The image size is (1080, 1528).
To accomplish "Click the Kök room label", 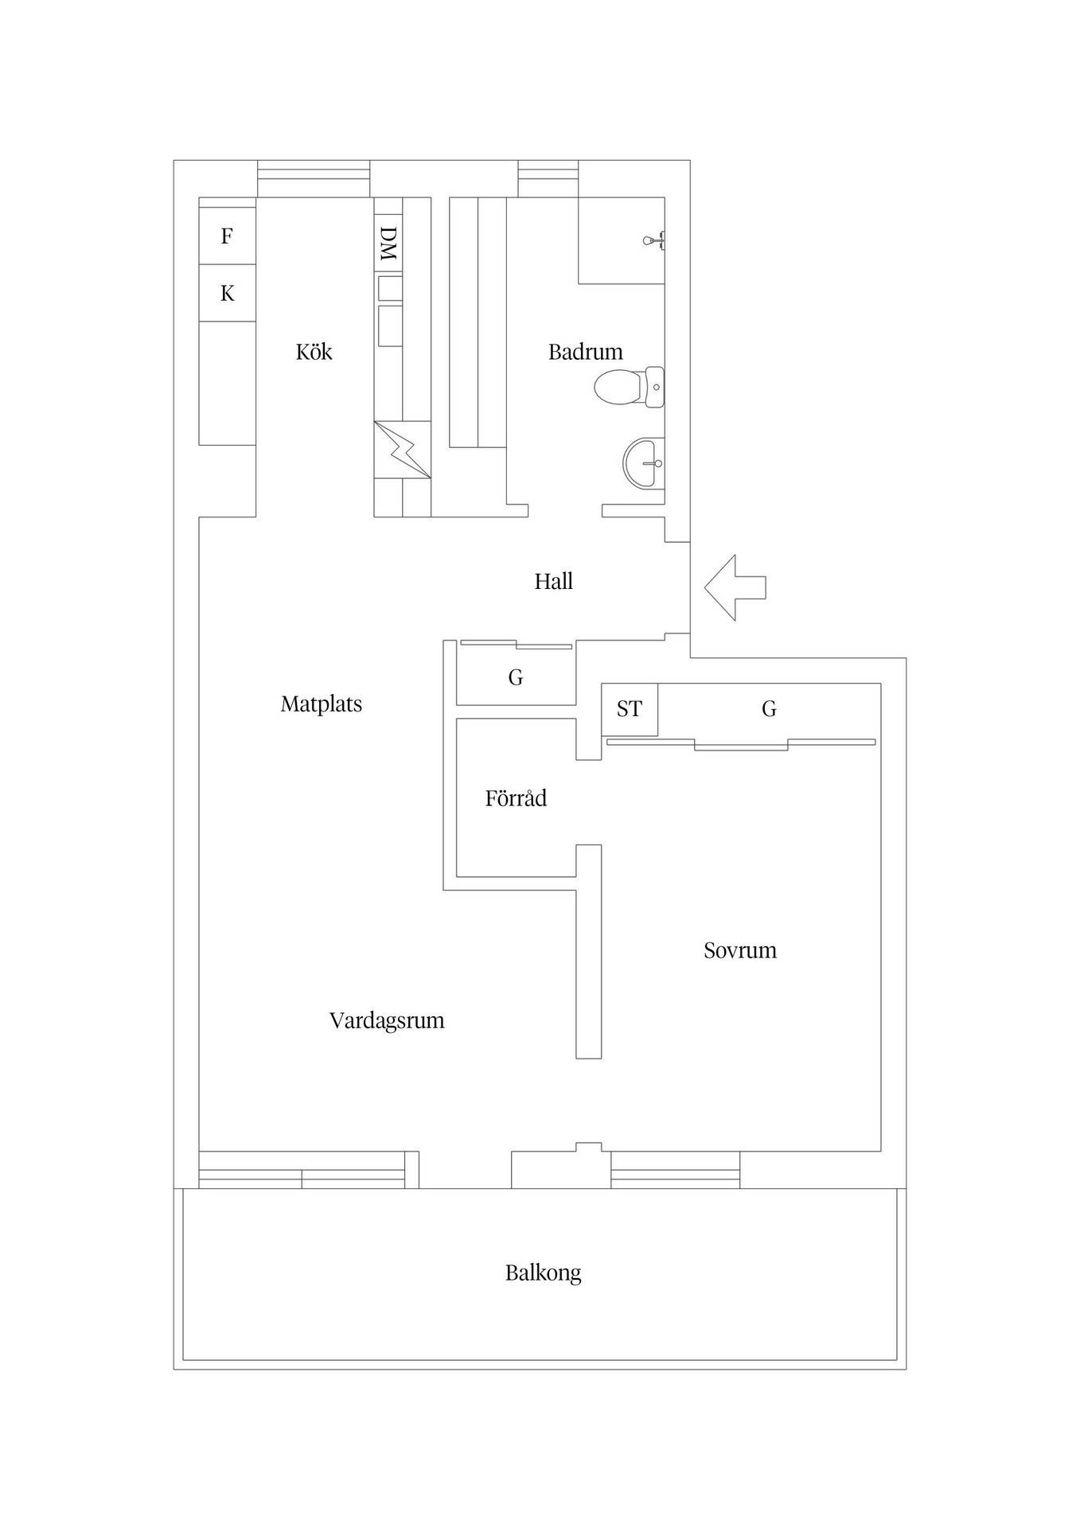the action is [x=314, y=352].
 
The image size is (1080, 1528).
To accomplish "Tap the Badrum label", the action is [x=585, y=352].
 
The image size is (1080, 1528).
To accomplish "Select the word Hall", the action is [x=553, y=581].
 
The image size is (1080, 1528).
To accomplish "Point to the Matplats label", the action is [x=322, y=704].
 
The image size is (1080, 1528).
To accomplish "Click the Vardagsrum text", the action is [x=387, y=1021].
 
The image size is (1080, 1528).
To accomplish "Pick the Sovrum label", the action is [x=740, y=950].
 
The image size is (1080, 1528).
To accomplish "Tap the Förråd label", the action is [x=516, y=797].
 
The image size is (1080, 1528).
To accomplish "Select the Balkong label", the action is [x=543, y=1273].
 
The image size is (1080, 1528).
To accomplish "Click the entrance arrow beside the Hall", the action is [x=735, y=587].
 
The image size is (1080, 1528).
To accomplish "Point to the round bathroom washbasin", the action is [x=643, y=462].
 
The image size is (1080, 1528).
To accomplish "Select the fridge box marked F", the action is [x=227, y=236].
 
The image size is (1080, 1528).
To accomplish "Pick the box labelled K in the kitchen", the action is [x=227, y=294].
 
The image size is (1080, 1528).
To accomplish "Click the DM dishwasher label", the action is [x=388, y=244].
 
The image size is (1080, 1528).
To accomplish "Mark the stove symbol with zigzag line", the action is [x=403, y=450].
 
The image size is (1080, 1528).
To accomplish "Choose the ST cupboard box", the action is [x=630, y=709].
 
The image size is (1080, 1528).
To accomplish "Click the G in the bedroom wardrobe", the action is [x=769, y=709].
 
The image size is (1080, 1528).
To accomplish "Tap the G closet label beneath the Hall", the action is [x=516, y=678].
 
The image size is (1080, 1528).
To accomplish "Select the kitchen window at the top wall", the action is [x=314, y=179].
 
